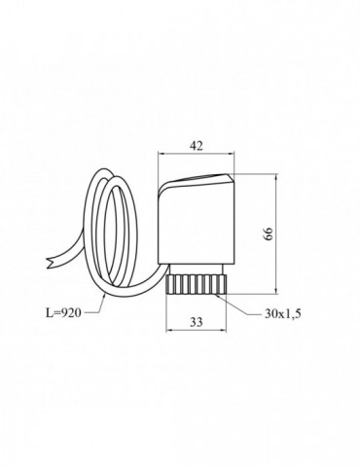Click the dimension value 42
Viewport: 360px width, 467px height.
pyautogui.click(x=197, y=146)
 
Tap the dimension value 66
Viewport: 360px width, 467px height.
pyautogui.click(x=269, y=233)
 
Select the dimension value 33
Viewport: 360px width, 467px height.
pyautogui.click(x=197, y=322)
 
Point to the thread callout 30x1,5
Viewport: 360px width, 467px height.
pyautogui.click(x=283, y=313)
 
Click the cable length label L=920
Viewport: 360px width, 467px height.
pyautogui.click(x=62, y=312)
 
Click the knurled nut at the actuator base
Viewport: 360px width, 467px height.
pyautogui.click(x=196, y=284)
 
